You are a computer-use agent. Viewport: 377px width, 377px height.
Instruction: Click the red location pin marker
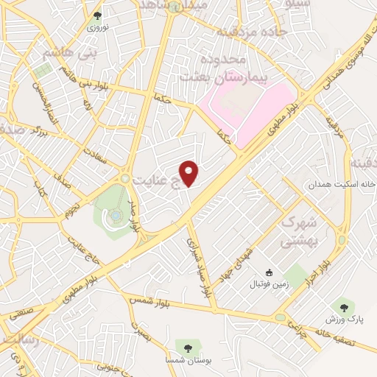[190, 172]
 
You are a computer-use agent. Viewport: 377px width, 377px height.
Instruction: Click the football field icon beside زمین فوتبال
[269, 272]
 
